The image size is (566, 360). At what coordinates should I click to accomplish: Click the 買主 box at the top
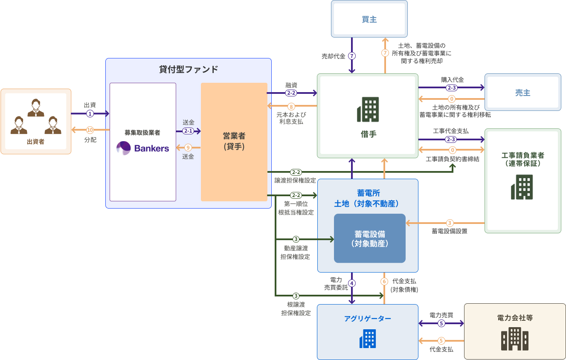[369, 19]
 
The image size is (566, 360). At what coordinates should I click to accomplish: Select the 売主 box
[522, 93]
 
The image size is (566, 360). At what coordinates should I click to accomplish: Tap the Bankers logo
[143, 148]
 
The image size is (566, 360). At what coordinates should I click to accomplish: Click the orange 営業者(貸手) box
[234, 141]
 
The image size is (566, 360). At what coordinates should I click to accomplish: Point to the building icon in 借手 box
[368, 109]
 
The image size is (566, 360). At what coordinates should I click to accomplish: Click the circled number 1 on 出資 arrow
[90, 113]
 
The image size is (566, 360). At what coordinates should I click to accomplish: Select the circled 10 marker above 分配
[90, 130]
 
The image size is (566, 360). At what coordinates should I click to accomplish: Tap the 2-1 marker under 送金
[188, 131]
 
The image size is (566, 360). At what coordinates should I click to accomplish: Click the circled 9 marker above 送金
[188, 148]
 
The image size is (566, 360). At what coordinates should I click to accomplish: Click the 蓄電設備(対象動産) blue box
[369, 238]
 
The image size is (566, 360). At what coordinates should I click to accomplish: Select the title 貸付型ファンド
[188, 69]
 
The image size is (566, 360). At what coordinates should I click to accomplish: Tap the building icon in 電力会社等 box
[515, 339]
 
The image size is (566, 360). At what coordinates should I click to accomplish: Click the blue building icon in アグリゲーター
[367, 339]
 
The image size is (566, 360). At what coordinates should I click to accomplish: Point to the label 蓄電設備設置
[449, 231]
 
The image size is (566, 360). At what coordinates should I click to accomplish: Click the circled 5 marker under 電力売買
[441, 323]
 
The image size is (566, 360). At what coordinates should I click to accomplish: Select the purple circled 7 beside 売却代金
[352, 56]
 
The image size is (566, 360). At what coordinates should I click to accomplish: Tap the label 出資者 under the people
[35, 142]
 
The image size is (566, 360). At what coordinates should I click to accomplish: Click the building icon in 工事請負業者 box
[522, 187]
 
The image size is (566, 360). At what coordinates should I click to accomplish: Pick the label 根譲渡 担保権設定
[296, 309]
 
